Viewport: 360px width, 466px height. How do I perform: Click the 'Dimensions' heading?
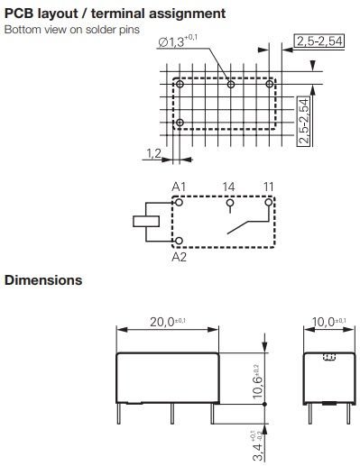[43, 280]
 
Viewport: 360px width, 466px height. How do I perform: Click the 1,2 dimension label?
[152, 154]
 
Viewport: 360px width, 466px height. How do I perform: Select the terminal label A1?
[180, 187]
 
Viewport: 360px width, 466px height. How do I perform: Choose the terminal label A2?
[180, 256]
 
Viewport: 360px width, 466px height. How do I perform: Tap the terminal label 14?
[229, 187]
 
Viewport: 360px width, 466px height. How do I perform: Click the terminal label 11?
[269, 187]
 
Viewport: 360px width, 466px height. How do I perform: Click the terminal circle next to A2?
[180, 241]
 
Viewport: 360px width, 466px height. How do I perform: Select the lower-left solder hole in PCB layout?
[180, 123]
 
